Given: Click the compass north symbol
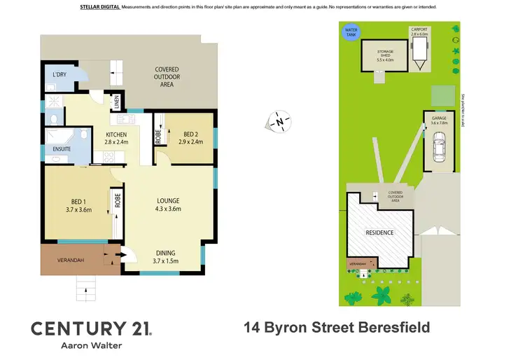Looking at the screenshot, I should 279,122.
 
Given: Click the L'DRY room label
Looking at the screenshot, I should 55,74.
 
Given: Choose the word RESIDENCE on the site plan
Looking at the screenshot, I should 380,233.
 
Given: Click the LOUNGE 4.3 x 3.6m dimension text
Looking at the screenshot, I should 169,209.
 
